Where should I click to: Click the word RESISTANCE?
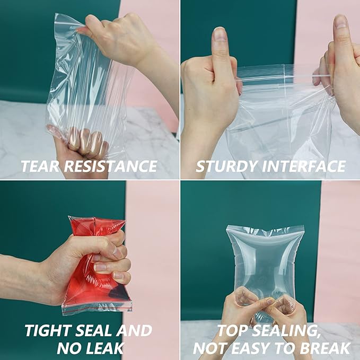(110, 166)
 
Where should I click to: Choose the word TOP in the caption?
(232, 331)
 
